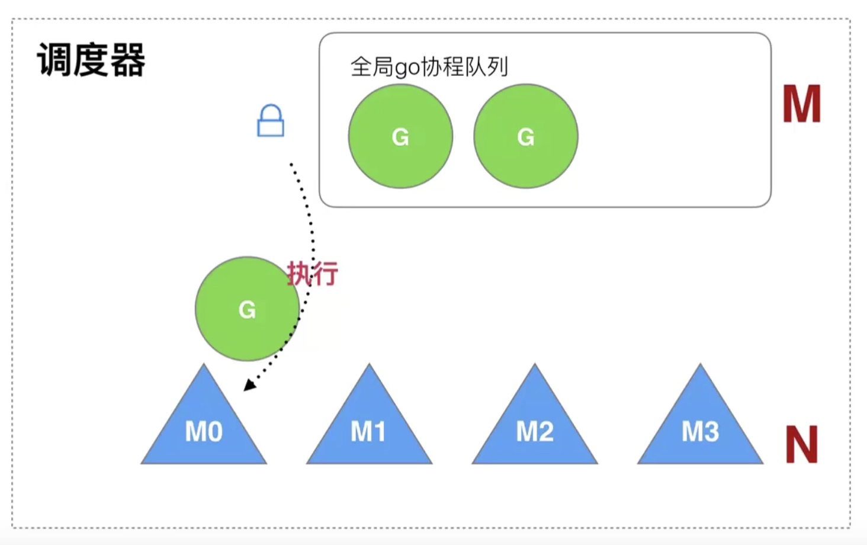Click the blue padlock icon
271,121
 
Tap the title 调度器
91,60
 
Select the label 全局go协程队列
429,67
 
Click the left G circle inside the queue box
400,136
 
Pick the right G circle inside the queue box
526,136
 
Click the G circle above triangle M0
247,309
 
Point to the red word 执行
313,274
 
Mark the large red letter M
802,104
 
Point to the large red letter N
801,444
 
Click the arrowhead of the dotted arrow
249,386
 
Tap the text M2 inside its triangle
535,432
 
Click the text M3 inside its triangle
700,432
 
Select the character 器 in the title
128,60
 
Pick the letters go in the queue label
407,68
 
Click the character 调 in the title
54,60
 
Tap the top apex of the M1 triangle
369,366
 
